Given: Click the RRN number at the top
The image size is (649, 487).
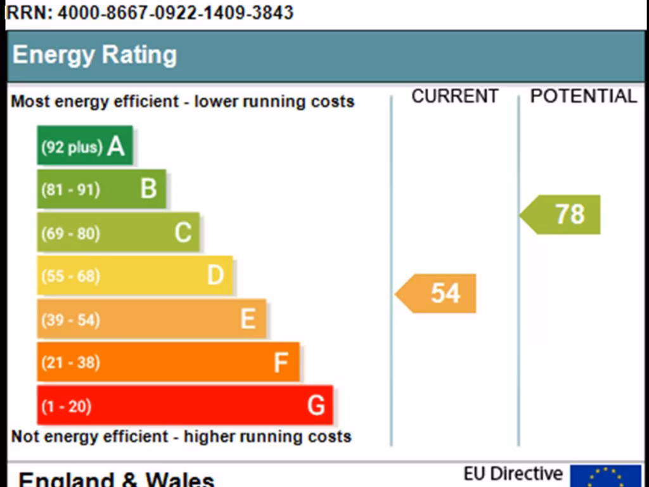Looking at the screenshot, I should [x=150, y=13].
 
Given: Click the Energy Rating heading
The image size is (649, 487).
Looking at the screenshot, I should [x=94, y=55].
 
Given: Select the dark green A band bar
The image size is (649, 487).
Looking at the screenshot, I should [x=85, y=146].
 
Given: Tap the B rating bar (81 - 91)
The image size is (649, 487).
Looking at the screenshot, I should [x=101, y=189].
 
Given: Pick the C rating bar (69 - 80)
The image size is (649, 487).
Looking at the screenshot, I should [x=118, y=232].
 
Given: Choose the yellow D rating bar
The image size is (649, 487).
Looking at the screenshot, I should [x=134, y=275].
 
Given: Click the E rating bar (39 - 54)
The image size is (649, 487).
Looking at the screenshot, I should [x=151, y=318].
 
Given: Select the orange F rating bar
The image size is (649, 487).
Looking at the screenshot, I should [x=168, y=361].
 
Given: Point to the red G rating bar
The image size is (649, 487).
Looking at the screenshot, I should [x=184, y=405].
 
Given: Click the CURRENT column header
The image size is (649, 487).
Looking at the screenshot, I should [x=454, y=96].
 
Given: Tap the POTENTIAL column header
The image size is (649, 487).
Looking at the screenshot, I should [x=583, y=96].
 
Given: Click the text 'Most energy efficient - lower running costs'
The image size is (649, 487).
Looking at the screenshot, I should [x=183, y=102].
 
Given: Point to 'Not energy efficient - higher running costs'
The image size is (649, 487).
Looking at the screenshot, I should [x=181, y=437].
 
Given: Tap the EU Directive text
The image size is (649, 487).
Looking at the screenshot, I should [x=513, y=474].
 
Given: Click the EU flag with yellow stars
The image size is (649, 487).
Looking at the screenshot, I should [x=605, y=476].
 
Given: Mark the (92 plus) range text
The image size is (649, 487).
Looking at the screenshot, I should [x=72, y=147].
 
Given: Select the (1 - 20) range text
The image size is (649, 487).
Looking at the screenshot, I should [x=67, y=406].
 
